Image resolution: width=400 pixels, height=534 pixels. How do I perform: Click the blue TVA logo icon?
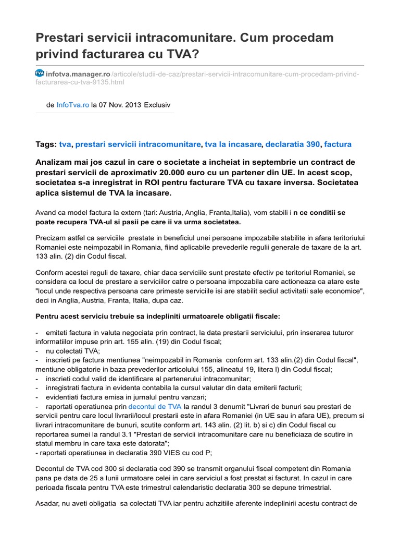pyautogui.click(x=40, y=74)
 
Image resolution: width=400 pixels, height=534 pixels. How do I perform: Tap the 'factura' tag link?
pyautogui.click(x=337, y=144)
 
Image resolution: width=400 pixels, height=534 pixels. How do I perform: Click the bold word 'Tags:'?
pyautogui.click(x=46, y=144)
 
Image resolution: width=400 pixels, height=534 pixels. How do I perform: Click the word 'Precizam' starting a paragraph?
pyautogui.click(x=52, y=238)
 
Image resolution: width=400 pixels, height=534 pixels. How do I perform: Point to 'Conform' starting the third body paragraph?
pyautogui.click(x=51, y=272)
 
